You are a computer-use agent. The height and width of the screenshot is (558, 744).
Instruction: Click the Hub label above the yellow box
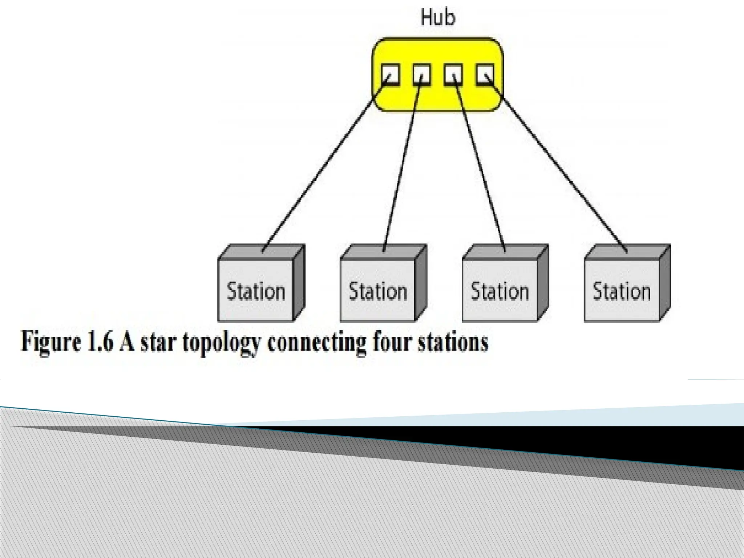coord(437,17)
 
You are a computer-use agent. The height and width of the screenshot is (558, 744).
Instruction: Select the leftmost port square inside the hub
coord(391,75)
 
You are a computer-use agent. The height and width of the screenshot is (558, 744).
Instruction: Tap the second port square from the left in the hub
coord(422,75)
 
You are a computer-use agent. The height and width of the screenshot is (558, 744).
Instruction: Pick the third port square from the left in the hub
coord(453,75)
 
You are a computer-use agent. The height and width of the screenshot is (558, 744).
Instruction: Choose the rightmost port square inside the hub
coord(485,75)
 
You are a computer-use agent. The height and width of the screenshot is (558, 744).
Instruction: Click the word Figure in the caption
coord(50,342)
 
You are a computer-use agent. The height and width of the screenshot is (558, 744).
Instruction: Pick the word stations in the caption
coord(452,342)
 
